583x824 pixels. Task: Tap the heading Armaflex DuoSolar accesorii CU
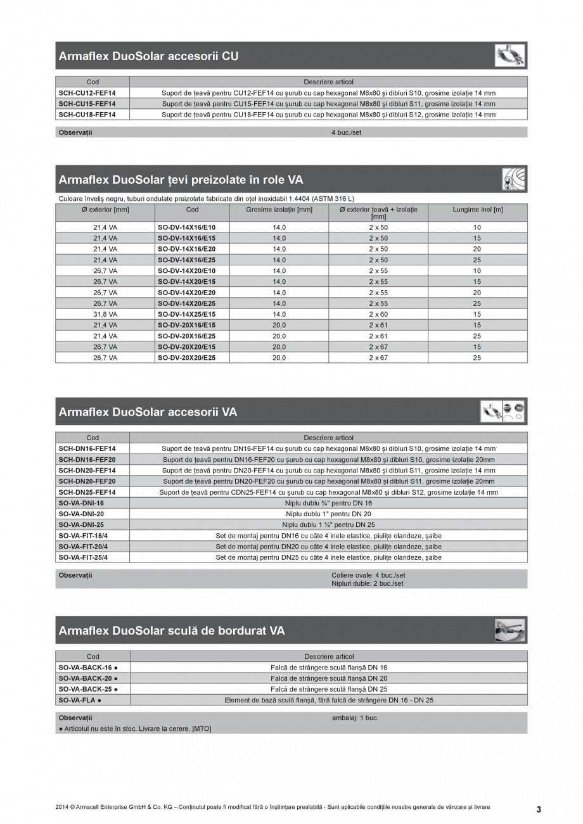click(148, 56)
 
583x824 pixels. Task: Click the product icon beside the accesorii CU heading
click(510, 56)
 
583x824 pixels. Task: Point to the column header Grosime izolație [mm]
click(279, 210)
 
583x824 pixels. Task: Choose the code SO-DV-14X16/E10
click(186, 227)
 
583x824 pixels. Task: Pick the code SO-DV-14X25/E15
click(186, 314)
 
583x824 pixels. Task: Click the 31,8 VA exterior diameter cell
click(105, 314)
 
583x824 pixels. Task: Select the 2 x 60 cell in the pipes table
click(378, 314)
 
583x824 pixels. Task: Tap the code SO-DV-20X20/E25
click(186, 358)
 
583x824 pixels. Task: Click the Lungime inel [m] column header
click(477, 210)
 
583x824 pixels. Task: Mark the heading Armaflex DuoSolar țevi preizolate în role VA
click(181, 180)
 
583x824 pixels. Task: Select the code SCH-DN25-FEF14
click(87, 492)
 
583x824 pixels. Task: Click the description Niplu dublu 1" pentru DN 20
click(328, 514)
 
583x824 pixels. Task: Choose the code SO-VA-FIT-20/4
click(83, 547)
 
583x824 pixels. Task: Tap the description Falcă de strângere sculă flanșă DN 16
click(328, 668)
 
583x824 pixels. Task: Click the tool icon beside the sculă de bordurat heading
click(510, 630)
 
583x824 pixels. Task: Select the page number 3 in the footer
click(539, 809)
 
